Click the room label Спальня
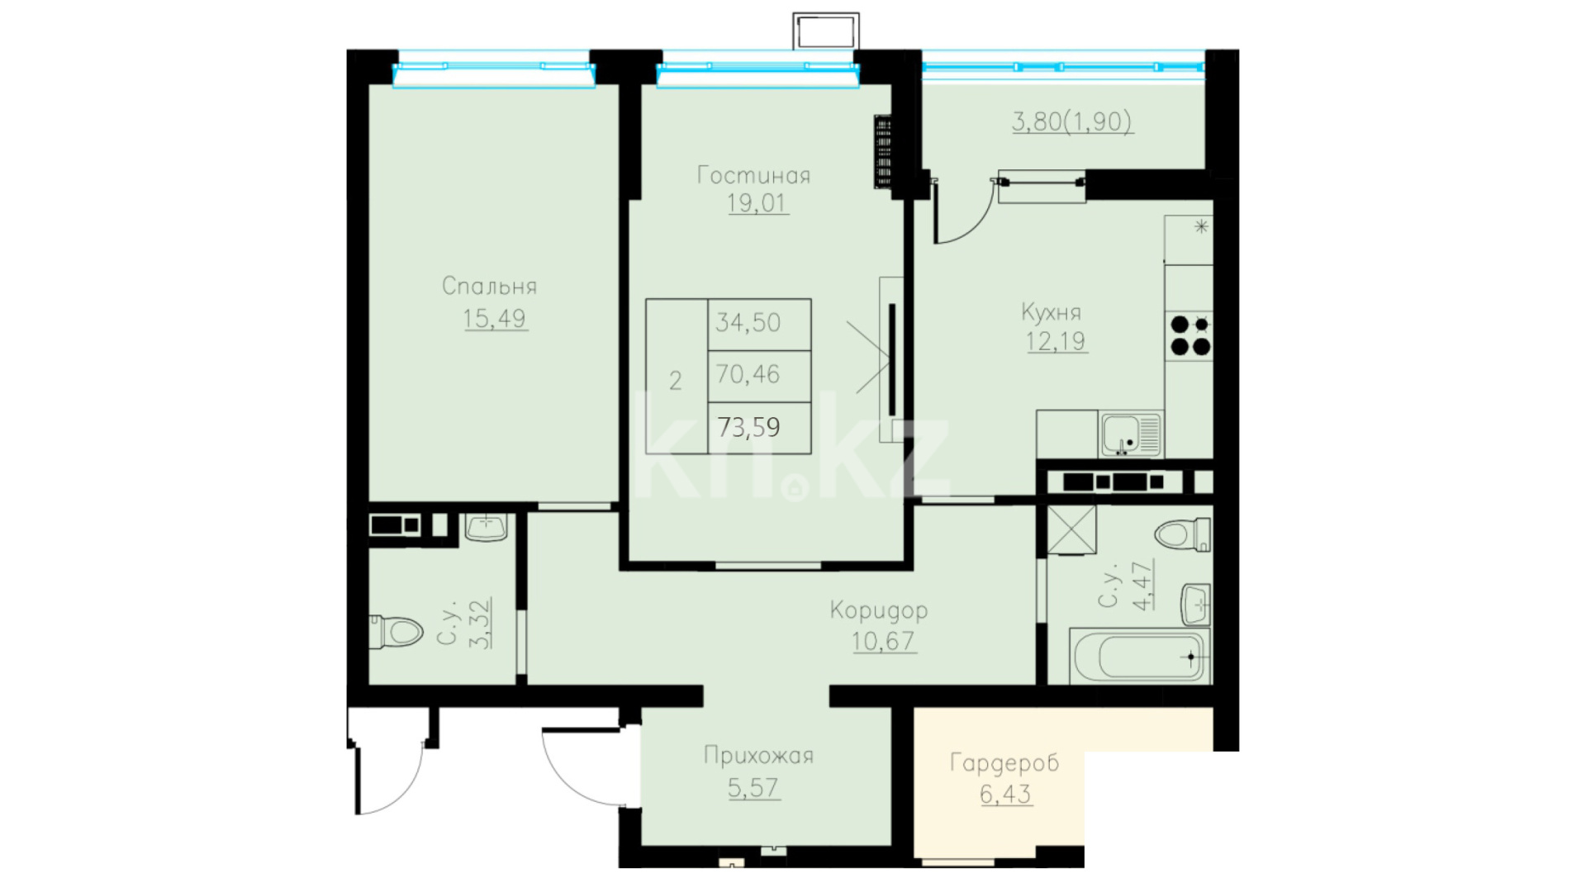[489, 286]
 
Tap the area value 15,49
[494, 318]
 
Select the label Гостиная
[753, 175]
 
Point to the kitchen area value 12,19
[1056, 341]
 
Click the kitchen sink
[1130, 434]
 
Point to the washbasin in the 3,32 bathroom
[486, 527]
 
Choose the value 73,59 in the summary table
[748, 427]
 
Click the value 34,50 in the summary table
[748, 322]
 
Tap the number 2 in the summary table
[676, 381]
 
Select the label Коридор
[879, 610]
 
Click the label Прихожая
[758, 755]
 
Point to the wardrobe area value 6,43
[1005, 794]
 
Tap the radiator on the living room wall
[883, 153]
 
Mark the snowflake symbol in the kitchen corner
[1201, 225]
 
